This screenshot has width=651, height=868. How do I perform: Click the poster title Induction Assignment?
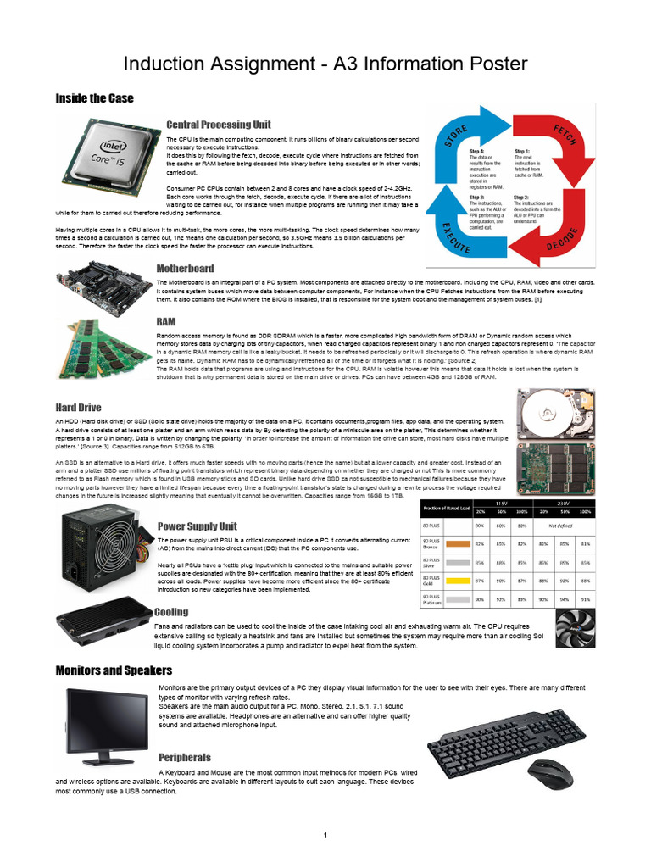point(325,64)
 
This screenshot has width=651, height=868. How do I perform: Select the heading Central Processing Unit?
point(219,125)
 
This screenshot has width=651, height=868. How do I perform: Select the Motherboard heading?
point(185,269)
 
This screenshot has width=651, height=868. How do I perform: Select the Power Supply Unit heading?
point(197,526)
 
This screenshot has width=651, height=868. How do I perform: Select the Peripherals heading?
point(184,757)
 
